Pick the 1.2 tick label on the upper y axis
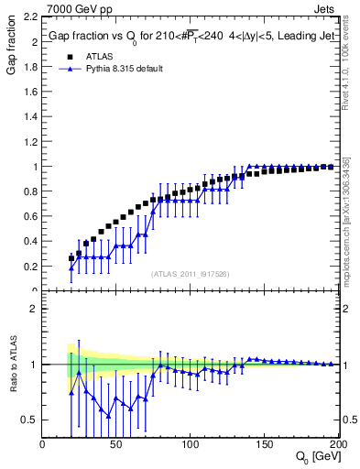(x=30, y=142)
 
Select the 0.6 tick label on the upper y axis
(x=30, y=217)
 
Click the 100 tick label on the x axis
(x=190, y=444)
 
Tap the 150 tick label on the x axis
(x=263, y=444)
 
